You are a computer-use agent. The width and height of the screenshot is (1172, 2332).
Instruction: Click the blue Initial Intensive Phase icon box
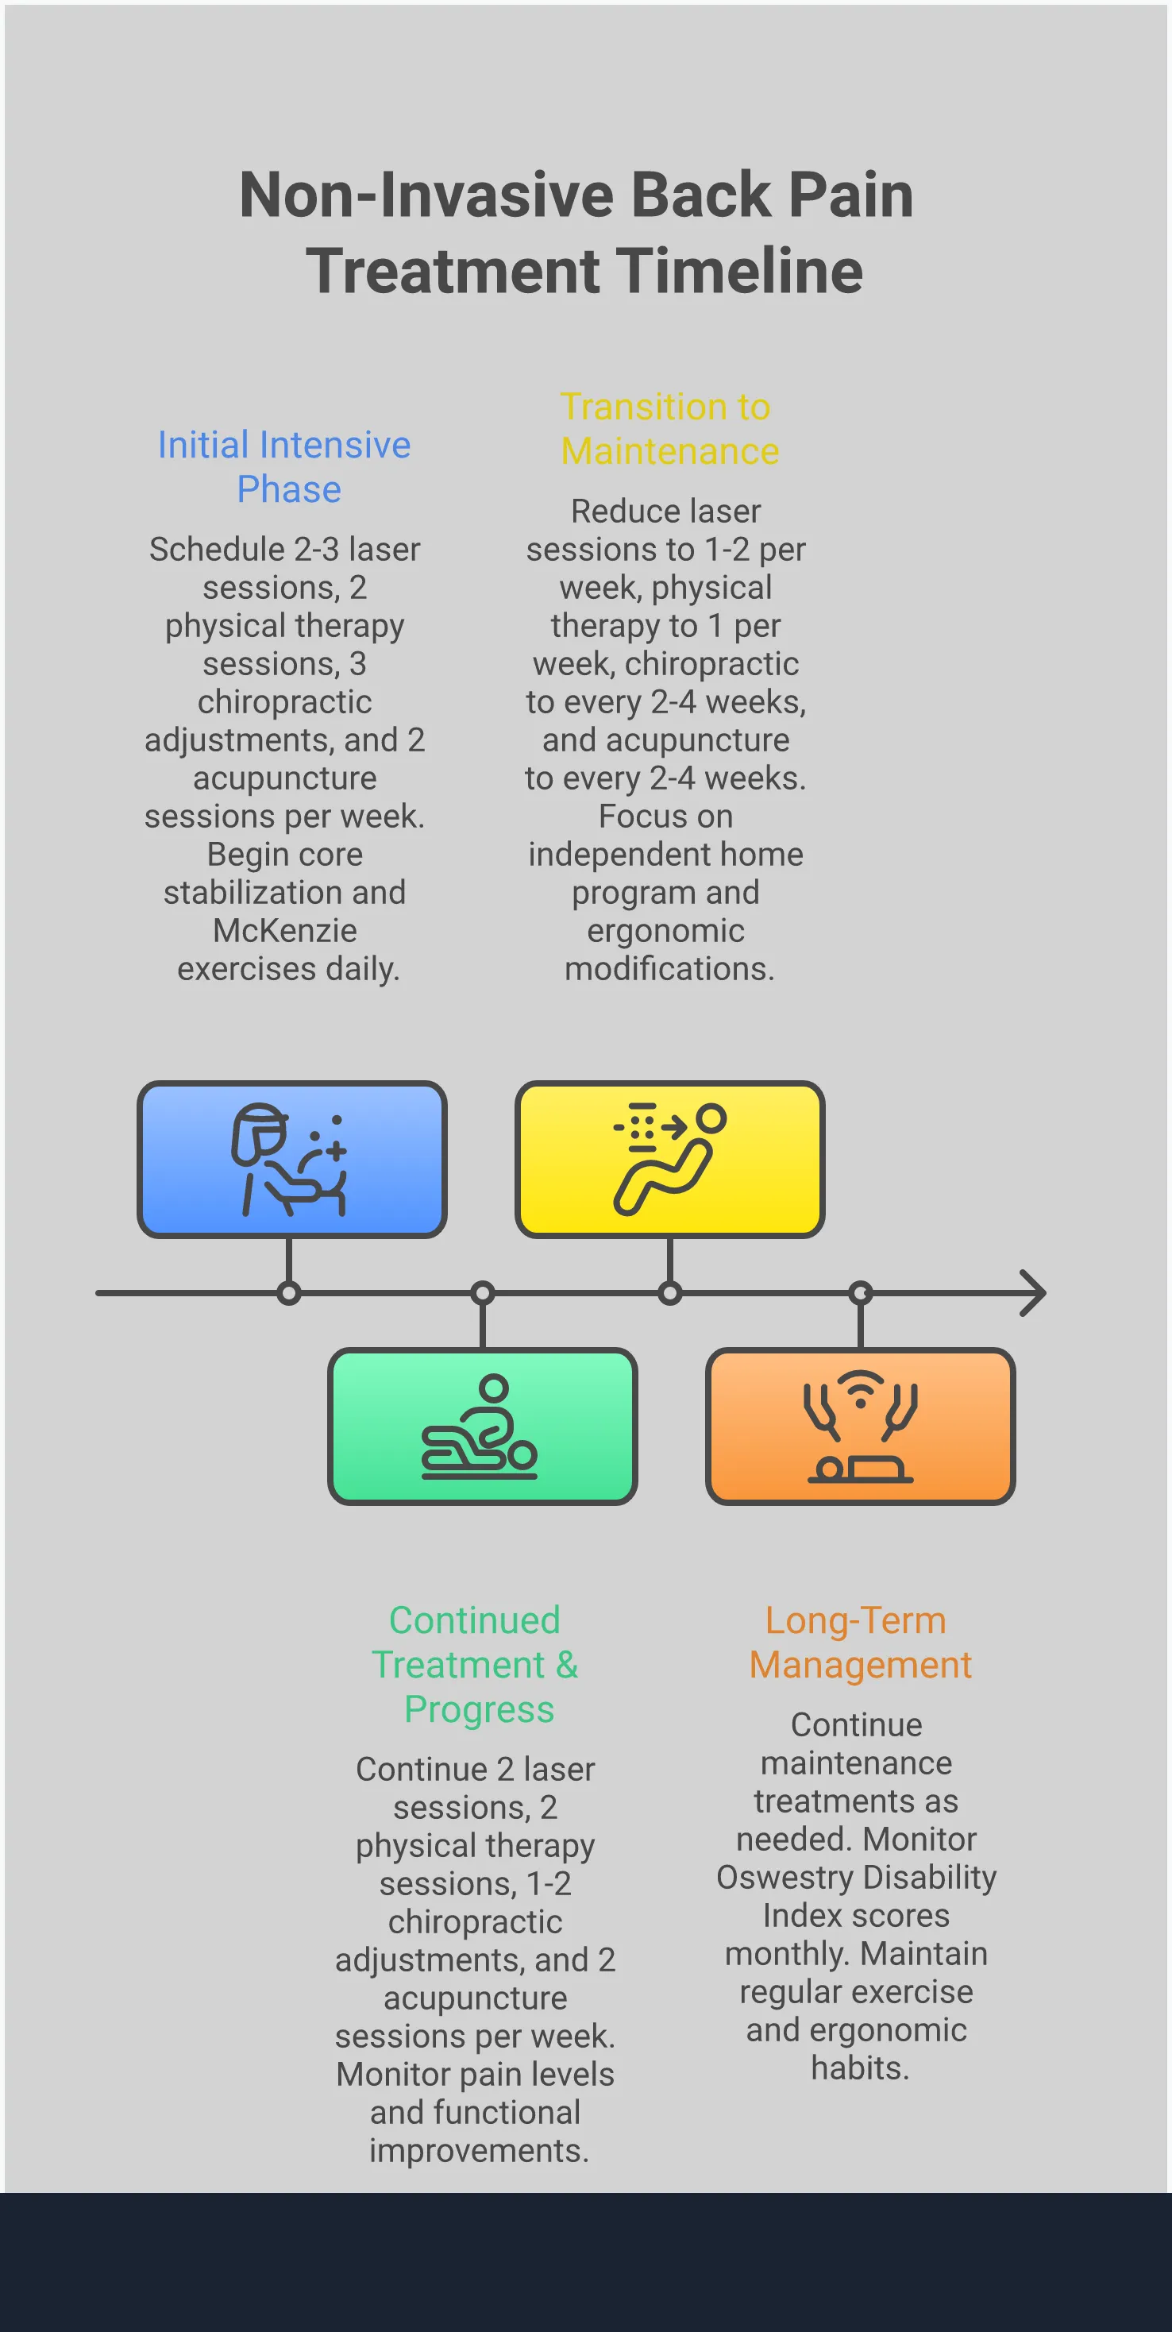(291, 1159)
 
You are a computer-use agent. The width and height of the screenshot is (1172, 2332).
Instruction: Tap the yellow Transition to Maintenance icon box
(669, 1159)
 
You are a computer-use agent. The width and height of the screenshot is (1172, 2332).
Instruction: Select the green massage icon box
(482, 1426)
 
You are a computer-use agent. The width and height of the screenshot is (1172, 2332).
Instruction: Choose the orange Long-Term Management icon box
(860, 1426)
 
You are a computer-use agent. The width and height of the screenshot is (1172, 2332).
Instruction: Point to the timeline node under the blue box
(289, 1293)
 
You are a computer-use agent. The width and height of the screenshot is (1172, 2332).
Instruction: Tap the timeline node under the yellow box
(669, 1293)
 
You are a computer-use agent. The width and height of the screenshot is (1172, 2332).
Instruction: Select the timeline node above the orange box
(861, 1293)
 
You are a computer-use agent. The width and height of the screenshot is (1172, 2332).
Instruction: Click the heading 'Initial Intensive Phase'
(285, 466)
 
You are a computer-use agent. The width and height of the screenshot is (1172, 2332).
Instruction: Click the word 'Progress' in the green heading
(479, 1709)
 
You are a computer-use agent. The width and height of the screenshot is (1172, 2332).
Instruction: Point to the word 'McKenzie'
(285, 931)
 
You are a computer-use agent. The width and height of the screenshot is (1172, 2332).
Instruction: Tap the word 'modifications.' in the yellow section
(669, 969)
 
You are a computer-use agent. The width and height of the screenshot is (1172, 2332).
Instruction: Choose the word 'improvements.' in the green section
(479, 2150)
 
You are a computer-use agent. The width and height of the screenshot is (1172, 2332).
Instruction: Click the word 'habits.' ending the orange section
(860, 2068)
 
